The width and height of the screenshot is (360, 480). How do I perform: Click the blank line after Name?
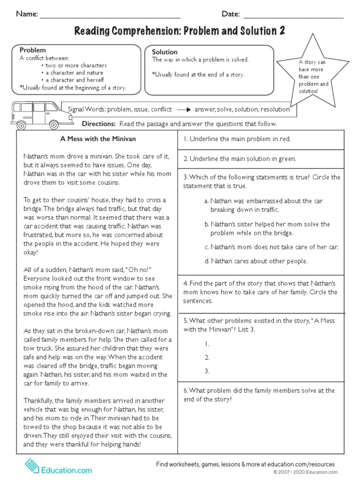110,15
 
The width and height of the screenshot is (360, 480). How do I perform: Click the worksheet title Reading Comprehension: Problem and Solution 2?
180,31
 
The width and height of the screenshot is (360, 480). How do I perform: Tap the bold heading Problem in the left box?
32,50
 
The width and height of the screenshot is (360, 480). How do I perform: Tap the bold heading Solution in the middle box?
165,52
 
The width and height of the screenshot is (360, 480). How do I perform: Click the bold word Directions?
98,124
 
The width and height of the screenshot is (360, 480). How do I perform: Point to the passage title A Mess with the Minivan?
97,139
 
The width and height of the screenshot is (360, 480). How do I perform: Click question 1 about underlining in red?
237,139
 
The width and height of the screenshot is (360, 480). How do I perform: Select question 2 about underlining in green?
240,159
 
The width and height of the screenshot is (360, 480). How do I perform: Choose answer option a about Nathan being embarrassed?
263,205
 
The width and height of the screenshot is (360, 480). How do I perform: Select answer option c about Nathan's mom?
271,247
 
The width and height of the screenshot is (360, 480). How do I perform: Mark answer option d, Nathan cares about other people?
256,261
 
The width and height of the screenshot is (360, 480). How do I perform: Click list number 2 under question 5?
206,357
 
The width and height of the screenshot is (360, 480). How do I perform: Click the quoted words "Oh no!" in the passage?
141,270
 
